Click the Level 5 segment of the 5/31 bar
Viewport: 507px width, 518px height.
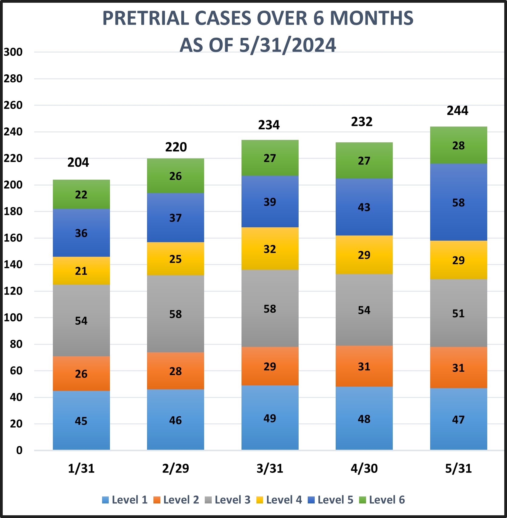pyautogui.click(x=458, y=202)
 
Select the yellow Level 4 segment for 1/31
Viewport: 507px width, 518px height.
pyautogui.click(x=81, y=271)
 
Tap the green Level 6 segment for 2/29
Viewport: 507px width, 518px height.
pyautogui.click(x=175, y=176)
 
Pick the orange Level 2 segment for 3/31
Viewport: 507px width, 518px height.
pyautogui.click(x=270, y=366)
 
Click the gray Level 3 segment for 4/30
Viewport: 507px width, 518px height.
pyautogui.click(x=364, y=310)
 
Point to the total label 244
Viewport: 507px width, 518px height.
pyautogui.click(x=457, y=110)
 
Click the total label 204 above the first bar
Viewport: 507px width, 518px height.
pyautogui.click(x=78, y=162)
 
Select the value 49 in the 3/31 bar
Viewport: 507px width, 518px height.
pyautogui.click(x=270, y=418)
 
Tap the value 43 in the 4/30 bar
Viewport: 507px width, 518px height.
pyautogui.click(x=364, y=207)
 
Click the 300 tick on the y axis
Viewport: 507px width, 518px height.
pyautogui.click(x=13, y=52)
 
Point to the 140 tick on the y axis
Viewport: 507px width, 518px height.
pyautogui.click(x=13, y=265)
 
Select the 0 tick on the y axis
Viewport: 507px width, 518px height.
pyautogui.click(x=19, y=450)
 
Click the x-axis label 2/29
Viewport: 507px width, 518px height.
pyautogui.click(x=175, y=469)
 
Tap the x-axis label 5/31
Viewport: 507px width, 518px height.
pyautogui.click(x=458, y=469)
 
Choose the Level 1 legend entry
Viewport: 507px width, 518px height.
pyautogui.click(x=125, y=500)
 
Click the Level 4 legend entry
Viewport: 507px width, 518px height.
pyautogui.click(x=279, y=500)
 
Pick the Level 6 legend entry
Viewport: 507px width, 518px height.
pyautogui.click(x=382, y=500)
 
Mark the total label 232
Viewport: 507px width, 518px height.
pyautogui.click(x=361, y=122)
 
